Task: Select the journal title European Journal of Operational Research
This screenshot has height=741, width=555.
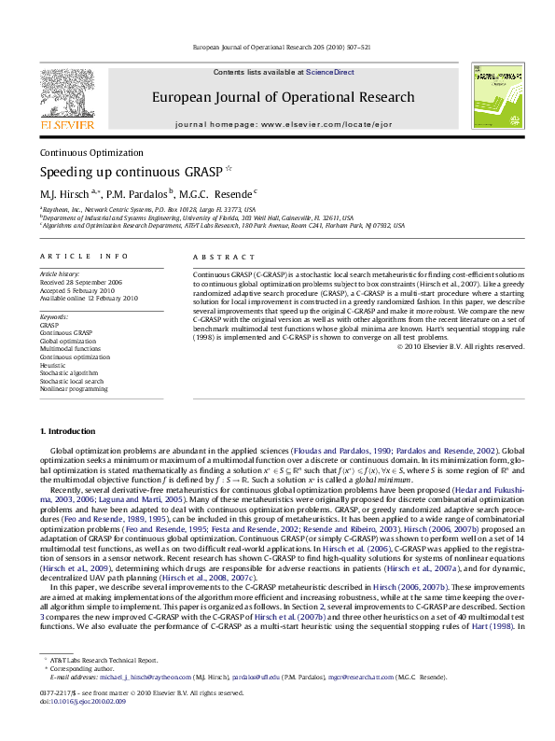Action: (284, 97)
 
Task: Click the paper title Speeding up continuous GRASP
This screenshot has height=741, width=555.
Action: (121, 172)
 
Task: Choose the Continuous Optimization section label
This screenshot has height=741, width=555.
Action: (91, 153)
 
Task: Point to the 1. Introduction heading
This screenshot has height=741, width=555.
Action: (68, 431)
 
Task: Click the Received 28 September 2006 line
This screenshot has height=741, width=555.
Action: (81, 281)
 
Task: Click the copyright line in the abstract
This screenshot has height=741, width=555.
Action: (461, 346)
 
